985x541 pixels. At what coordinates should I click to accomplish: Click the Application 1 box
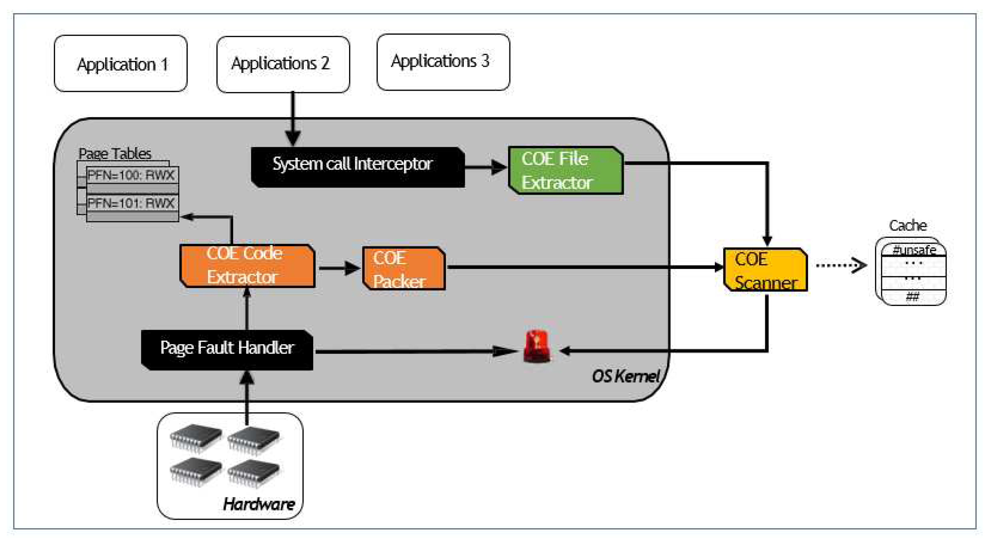121,64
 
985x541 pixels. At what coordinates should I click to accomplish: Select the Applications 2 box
283,64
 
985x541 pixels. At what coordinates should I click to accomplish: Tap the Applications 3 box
443,62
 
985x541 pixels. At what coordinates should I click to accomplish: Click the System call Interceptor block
357,167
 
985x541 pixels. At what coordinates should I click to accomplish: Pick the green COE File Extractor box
565,170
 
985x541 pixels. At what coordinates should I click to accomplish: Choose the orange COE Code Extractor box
247,266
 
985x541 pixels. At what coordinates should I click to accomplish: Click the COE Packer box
403,268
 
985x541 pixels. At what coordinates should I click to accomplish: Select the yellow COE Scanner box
765,270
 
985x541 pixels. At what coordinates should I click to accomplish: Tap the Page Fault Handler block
227,349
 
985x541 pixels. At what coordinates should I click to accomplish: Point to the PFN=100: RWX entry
132,175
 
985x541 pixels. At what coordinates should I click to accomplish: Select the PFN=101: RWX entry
132,203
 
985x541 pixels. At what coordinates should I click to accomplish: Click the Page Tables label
115,154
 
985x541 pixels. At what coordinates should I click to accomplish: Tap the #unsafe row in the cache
913,250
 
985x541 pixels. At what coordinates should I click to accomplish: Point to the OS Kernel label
626,376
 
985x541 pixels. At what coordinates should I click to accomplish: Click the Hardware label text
259,504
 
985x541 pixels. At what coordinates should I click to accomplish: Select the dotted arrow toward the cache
841,265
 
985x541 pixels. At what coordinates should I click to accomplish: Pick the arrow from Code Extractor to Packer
339,268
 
